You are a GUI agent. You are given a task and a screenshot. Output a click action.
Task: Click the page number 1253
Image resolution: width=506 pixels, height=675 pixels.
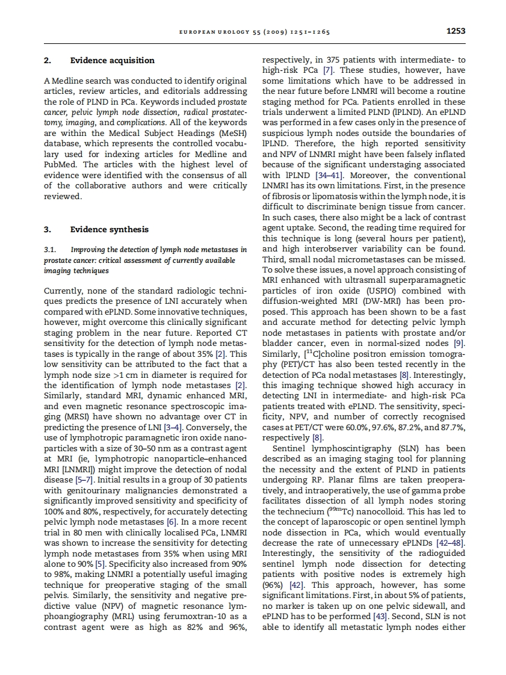point(455,31)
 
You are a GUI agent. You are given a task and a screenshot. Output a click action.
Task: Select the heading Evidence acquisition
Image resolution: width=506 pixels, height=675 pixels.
point(113,60)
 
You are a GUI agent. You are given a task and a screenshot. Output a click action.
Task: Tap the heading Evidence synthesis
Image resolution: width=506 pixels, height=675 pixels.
point(109,229)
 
